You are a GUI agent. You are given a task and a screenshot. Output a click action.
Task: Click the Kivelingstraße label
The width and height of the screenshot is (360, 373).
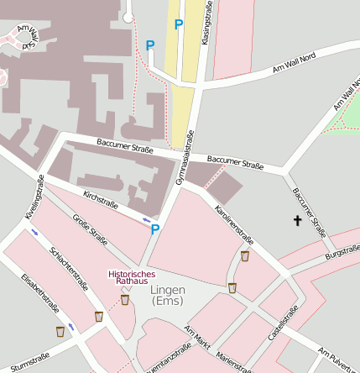(x=34, y=197)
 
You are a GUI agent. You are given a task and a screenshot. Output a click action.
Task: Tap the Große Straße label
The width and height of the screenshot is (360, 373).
(x=90, y=232)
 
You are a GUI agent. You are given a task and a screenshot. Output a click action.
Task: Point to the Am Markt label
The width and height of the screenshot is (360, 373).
(x=197, y=338)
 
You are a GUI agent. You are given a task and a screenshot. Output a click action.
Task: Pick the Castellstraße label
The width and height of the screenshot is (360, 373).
(x=282, y=324)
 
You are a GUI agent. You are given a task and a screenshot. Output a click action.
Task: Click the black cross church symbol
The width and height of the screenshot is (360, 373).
(x=296, y=221)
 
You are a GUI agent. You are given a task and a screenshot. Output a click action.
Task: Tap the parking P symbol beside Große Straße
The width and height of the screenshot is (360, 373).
(x=155, y=229)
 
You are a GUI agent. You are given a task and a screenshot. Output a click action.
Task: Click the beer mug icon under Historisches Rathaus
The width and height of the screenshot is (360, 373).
(x=125, y=300)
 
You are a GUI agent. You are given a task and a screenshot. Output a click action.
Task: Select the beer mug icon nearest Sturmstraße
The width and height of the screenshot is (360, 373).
(x=60, y=332)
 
